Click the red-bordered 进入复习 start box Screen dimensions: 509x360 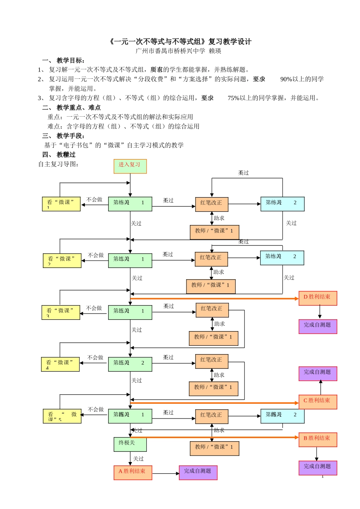coord(130,166)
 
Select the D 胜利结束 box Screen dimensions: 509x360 coord(318,298)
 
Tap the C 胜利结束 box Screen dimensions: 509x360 coord(318,402)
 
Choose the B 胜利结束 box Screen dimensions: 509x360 coord(318,439)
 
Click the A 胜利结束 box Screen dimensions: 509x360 coord(133,473)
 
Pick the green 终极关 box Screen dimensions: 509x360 coord(130,444)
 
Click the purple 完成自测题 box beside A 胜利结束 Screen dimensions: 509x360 coord(198,473)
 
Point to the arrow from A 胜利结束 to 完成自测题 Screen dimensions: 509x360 coord(166,473)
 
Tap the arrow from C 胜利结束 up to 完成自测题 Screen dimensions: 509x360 coord(321,387)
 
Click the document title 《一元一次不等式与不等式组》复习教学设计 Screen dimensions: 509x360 coord(180,42)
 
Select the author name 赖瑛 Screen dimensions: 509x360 coord(215,51)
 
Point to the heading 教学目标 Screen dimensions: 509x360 coord(70,61)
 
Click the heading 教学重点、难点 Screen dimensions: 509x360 coord(78,108)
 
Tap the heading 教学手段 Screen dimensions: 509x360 coord(70,136)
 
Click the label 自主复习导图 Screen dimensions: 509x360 coord(58,164)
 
